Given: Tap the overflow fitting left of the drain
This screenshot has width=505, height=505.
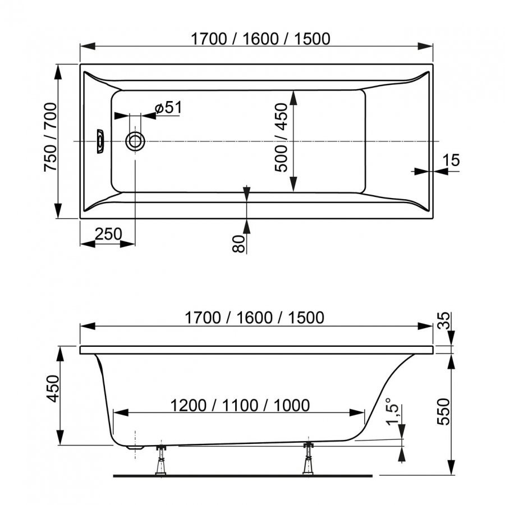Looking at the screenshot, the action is (x=100, y=141).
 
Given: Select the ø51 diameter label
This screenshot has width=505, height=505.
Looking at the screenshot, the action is (x=168, y=107).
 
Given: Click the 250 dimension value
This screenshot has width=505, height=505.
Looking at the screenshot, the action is (x=108, y=234).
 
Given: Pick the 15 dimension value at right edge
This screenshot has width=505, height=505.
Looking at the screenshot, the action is (x=451, y=160).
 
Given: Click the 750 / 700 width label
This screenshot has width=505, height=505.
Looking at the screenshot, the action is (x=50, y=137).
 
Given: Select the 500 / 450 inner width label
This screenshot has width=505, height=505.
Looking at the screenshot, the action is (x=281, y=137).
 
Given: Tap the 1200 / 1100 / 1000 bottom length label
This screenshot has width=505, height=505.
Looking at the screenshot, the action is (x=240, y=405).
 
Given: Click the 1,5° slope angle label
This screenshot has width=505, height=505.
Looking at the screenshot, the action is (x=393, y=412).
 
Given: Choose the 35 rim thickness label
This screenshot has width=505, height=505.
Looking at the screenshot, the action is (x=445, y=320).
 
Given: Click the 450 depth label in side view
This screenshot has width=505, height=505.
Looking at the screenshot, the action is (x=53, y=388).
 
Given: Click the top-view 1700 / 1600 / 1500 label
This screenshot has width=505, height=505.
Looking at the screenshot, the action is (x=260, y=39).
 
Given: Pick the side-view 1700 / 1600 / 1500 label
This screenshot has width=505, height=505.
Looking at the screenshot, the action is (x=254, y=318).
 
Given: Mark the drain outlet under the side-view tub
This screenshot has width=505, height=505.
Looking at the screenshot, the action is (x=135, y=447).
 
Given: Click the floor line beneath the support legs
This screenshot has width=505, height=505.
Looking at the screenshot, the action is (x=243, y=476).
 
